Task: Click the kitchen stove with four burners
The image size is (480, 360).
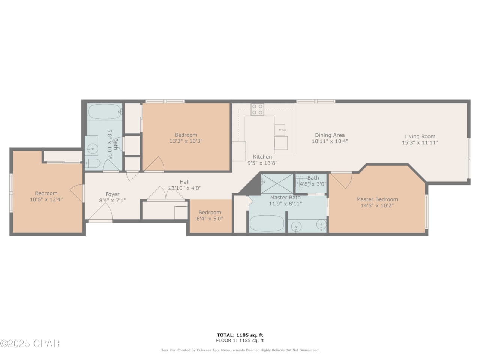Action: [x=258, y=109]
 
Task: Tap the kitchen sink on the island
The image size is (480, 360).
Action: [x=280, y=130]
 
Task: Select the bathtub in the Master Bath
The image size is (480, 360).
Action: [x=267, y=223]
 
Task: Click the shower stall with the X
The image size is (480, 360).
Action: [x=277, y=183]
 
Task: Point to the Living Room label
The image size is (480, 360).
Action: [x=420, y=136]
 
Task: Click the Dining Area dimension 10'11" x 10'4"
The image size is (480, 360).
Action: [x=330, y=141]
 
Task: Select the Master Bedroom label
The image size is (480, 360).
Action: [x=377, y=199]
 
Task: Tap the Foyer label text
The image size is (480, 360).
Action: [x=112, y=194]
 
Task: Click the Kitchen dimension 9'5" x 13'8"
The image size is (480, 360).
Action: [x=262, y=163]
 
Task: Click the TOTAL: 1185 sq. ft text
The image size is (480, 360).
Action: [x=240, y=335]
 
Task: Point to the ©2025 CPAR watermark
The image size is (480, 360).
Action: [x=30, y=343]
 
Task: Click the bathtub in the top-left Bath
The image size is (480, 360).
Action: [x=105, y=111]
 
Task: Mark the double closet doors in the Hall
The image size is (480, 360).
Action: [x=165, y=194]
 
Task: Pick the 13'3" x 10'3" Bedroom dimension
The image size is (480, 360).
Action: [x=186, y=141]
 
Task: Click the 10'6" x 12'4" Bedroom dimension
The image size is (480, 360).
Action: [x=46, y=199]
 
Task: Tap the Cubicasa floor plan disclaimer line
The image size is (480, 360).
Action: [x=240, y=350]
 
